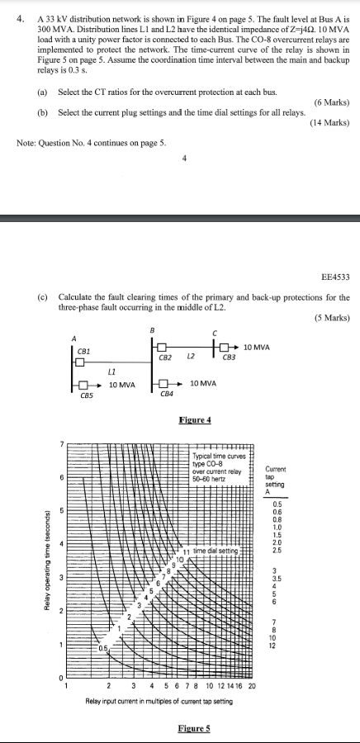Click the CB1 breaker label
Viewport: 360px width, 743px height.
coord(83,351)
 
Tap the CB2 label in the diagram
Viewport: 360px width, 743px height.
coord(164,357)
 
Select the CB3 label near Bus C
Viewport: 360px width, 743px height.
coord(229,357)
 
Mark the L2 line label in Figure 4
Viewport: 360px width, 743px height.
coord(190,357)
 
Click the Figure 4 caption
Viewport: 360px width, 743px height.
coord(195,420)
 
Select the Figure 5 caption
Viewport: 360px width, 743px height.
coord(195,728)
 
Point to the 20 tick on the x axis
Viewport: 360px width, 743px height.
coord(253,686)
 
